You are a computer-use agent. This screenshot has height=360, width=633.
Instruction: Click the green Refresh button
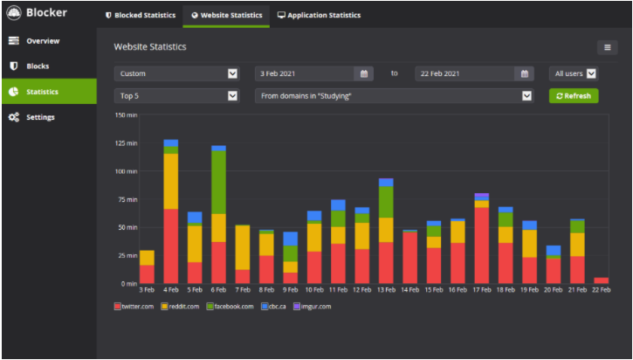pos(574,96)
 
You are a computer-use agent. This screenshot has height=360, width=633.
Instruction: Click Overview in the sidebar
pos(42,41)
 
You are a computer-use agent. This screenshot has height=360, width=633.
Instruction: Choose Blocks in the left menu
pos(38,66)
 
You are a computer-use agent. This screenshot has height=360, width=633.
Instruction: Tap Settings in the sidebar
pos(40,117)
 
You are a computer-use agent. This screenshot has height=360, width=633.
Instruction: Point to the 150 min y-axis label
pos(126,115)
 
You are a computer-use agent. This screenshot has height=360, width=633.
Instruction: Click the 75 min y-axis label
pos(127,199)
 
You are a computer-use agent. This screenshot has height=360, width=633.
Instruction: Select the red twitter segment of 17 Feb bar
pos(481,245)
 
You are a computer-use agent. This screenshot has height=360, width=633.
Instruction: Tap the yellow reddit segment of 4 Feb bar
pos(171,181)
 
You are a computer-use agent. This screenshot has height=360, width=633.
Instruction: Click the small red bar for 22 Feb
pos(601,280)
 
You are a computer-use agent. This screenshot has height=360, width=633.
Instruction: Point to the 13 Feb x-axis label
pos(386,289)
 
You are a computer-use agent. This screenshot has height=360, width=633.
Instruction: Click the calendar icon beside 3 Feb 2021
pos(364,73)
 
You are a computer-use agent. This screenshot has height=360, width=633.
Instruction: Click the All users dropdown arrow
pos(591,73)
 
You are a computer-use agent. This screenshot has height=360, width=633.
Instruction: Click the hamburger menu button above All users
pos(607,47)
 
